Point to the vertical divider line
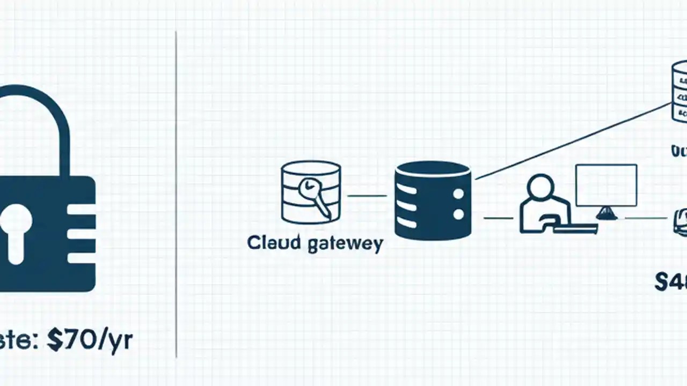[176, 193]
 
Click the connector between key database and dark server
[367, 196]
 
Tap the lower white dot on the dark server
[458, 214]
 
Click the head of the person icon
[540, 188]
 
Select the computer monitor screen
[606, 185]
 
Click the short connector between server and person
[498, 218]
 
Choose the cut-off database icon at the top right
[679, 91]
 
